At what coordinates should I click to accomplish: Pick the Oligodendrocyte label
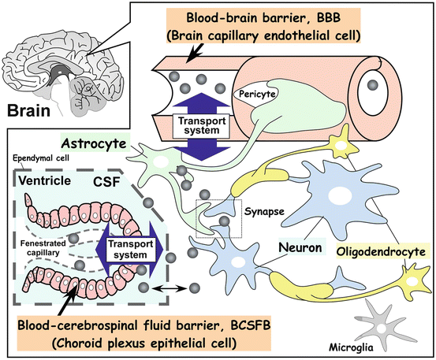coord(380,252)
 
